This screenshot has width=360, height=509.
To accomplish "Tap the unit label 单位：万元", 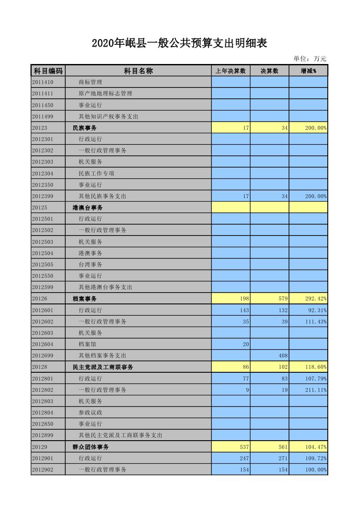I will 310,59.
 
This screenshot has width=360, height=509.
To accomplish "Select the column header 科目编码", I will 48,71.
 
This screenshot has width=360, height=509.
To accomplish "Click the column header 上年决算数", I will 231,71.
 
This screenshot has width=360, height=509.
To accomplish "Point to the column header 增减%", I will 308,71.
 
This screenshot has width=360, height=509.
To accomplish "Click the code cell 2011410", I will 43,82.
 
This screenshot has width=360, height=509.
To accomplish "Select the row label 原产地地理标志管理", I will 105,93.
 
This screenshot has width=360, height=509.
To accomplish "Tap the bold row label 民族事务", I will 84,128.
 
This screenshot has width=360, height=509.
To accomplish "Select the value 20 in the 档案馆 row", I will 246,344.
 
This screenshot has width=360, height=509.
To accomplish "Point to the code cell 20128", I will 40,367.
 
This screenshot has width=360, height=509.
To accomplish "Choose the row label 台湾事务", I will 91,264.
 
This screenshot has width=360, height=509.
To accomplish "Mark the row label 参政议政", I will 91,413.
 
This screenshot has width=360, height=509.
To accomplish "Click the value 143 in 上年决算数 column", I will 244,310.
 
